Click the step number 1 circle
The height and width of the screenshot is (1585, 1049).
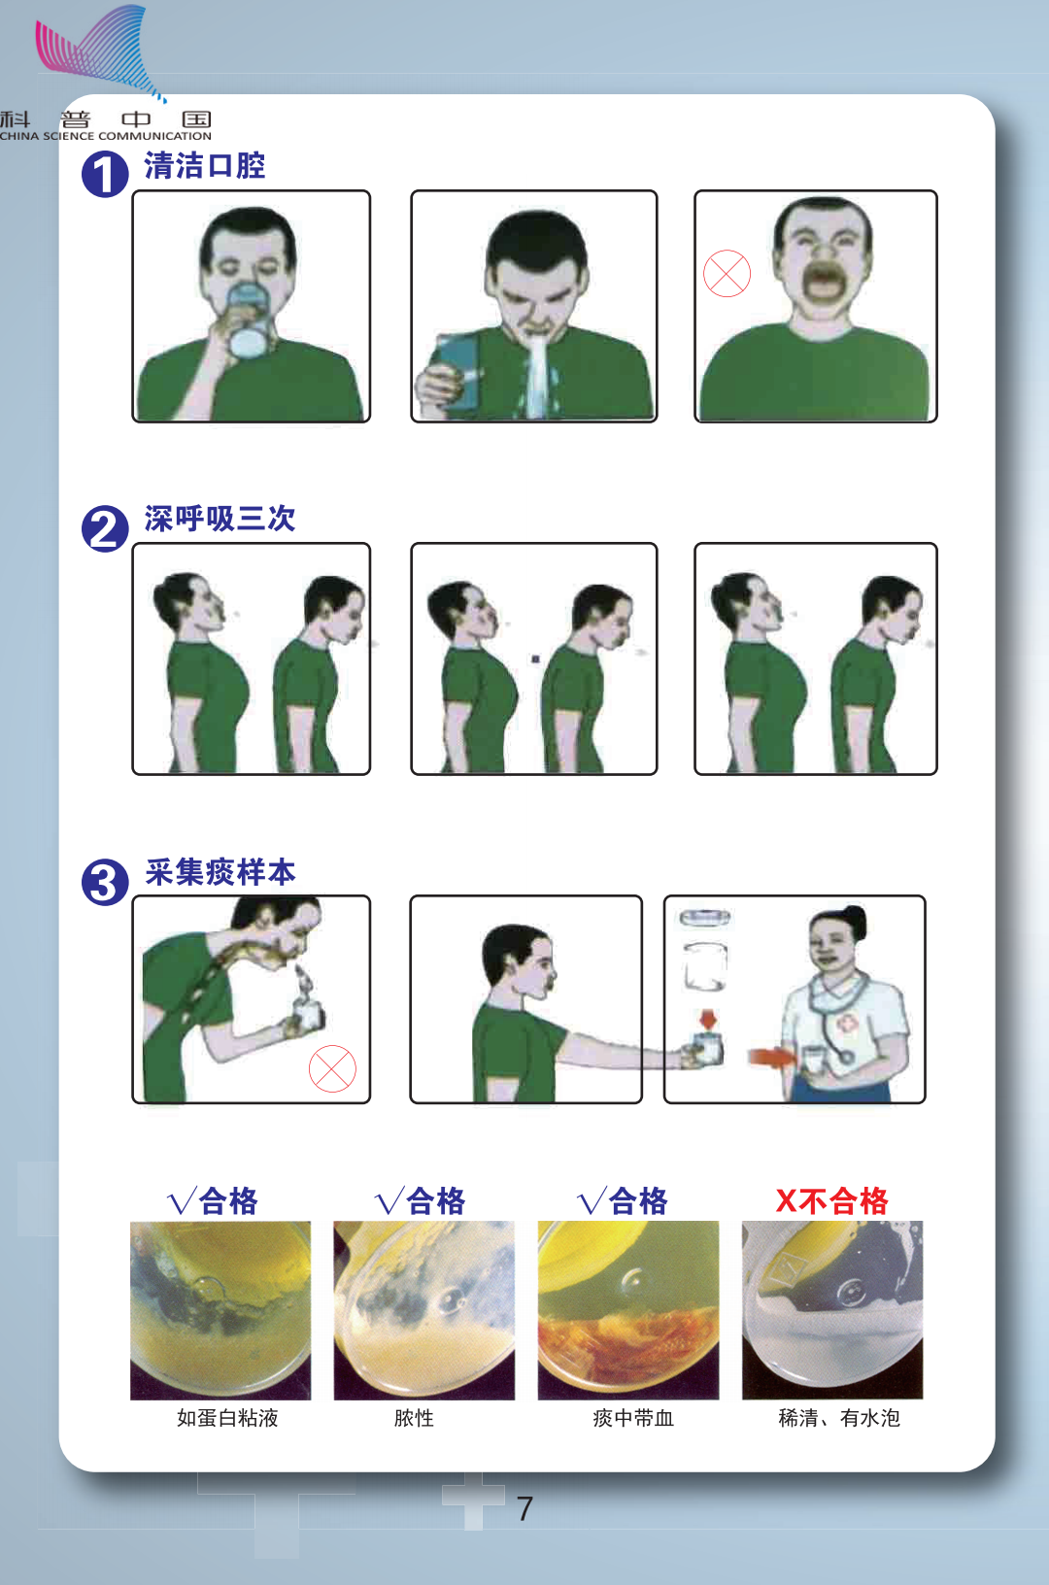[105, 174]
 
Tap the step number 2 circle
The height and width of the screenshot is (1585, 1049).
[105, 528]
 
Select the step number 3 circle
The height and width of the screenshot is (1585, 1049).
[105, 882]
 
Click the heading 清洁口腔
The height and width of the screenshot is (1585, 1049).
[205, 165]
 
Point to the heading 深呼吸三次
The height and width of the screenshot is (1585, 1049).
[220, 519]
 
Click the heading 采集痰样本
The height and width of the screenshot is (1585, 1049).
[220, 872]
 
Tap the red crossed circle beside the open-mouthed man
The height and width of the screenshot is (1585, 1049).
[727, 273]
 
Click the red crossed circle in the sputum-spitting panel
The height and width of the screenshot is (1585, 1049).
[333, 1068]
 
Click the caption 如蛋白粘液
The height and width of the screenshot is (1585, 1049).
[227, 1417]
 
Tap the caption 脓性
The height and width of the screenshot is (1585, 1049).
[414, 1417]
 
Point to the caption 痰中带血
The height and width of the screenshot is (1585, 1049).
[632, 1417]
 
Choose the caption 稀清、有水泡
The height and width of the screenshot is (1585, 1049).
[839, 1417]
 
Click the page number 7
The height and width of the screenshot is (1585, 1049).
[524, 1508]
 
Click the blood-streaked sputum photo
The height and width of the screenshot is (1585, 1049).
[627, 1310]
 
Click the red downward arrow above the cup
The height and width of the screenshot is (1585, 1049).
[708, 1019]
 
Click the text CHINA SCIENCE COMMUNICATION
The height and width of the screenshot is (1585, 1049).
[106, 136]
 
